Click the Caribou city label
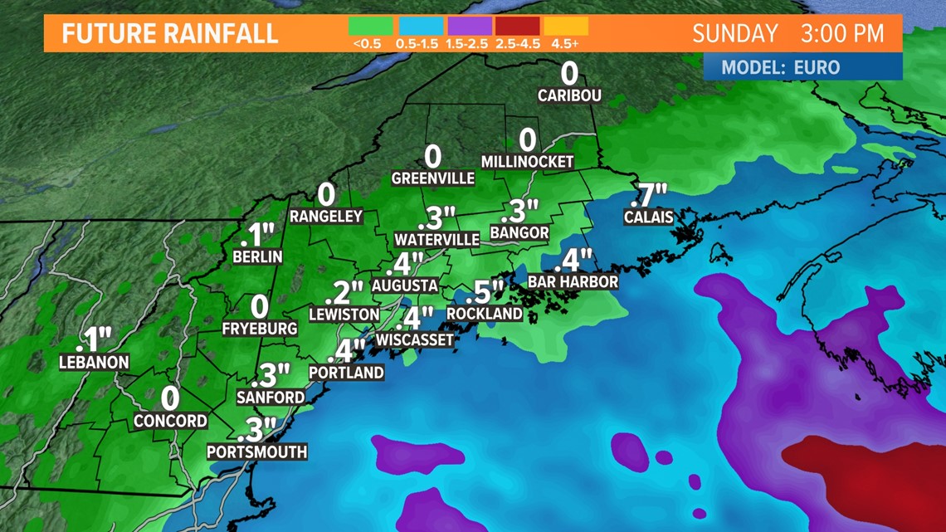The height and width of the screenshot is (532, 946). [x=569, y=95]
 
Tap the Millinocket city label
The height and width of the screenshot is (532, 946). [x=528, y=162]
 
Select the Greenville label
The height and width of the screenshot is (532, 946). [x=433, y=178]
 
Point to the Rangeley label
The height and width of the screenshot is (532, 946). [x=326, y=216]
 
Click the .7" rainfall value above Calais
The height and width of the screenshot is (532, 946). [x=649, y=196]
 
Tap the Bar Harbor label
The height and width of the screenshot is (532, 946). [x=573, y=282]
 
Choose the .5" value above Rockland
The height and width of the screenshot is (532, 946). [x=485, y=292]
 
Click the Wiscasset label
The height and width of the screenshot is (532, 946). [x=415, y=339]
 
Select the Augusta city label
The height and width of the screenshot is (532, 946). [x=405, y=286]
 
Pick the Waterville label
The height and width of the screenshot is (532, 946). [x=437, y=240]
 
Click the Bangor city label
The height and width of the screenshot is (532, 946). [x=519, y=232]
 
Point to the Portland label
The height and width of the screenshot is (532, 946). [x=347, y=373]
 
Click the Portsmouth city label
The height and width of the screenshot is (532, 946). [x=257, y=451]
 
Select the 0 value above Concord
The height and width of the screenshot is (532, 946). [x=170, y=399]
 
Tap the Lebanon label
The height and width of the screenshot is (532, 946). [x=95, y=363]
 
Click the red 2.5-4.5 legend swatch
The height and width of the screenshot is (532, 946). [x=518, y=27]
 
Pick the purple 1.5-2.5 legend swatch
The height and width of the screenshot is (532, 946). [x=470, y=27]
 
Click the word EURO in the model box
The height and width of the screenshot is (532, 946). [x=817, y=68]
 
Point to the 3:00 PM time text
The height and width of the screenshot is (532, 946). [x=842, y=34]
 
